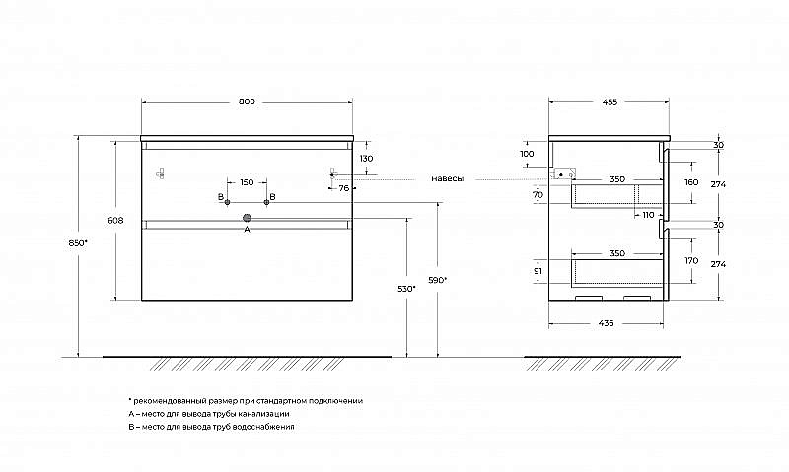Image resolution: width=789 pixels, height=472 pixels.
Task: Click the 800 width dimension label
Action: (247, 101)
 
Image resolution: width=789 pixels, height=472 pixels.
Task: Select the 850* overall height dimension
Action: (78, 242)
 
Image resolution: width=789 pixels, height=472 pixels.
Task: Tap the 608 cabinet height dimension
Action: (115, 220)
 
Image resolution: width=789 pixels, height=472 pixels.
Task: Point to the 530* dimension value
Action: (406, 289)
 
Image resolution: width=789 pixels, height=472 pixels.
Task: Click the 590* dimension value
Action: (437, 280)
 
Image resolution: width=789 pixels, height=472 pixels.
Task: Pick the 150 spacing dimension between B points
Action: (247, 182)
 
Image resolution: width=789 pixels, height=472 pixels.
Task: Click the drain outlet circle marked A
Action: (247, 218)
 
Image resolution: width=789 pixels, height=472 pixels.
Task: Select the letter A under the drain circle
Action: (247, 230)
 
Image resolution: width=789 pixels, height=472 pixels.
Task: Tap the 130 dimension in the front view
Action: (366, 159)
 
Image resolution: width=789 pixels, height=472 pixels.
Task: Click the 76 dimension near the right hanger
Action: (344, 188)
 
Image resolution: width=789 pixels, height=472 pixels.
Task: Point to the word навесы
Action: (448, 179)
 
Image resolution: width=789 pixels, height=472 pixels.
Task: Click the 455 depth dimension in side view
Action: (610, 102)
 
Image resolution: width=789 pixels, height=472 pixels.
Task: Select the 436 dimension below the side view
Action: (607, 324)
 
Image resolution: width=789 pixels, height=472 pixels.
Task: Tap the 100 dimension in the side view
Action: (527, 154)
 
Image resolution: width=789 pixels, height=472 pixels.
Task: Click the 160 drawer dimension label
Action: (692, 182)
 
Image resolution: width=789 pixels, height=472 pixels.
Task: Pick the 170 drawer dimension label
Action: (692, 261)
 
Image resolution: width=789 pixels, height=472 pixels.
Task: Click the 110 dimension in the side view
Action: (648, 215)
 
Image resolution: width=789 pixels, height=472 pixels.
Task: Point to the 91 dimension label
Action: (538, 270)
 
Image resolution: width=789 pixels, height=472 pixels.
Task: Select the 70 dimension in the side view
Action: (538, 194)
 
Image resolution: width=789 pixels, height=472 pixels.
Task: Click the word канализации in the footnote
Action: (264, 414)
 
